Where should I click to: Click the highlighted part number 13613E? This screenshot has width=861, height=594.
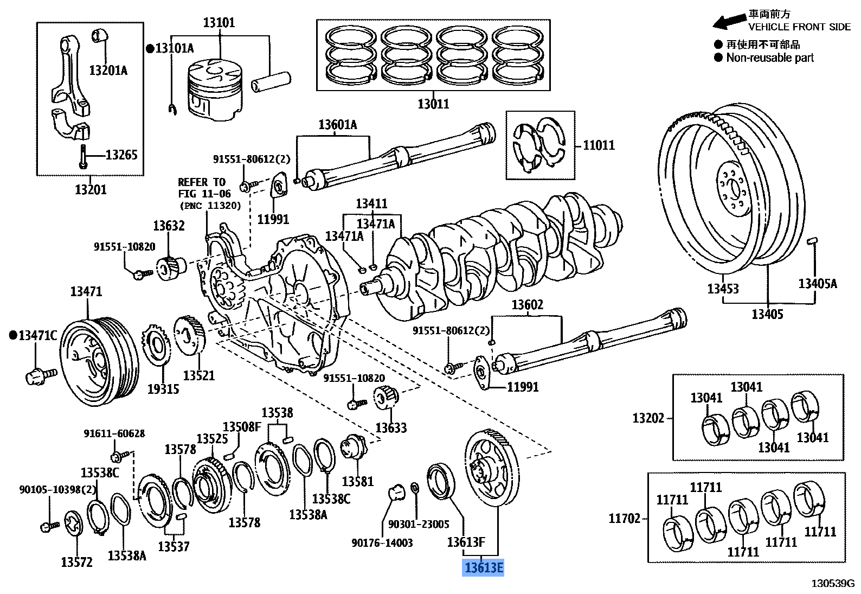[x=483, y=568]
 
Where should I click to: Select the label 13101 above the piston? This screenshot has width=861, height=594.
[x=219, y=23]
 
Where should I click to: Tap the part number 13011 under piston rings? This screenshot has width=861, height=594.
[x=433, y=104]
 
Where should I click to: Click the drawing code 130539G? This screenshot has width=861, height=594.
[x=832, y=584]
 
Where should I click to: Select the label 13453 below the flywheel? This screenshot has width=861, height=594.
[x=723, y=288]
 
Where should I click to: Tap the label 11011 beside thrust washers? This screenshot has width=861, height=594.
[x=599, y=145]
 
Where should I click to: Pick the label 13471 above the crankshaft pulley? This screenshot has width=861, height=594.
[x=86, y=292]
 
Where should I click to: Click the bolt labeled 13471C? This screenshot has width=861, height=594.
[x=40, y=374]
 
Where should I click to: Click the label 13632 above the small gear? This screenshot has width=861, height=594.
[x=169, y=226]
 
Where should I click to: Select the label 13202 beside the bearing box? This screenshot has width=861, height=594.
[x=648, y=418]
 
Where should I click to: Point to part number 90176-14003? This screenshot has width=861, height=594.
[x=382, y=542]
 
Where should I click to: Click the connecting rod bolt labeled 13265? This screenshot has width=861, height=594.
[x=83, y=156]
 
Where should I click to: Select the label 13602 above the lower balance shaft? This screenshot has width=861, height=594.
[x=528, y=305]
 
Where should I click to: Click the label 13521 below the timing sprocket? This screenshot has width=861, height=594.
[x=198, y=375]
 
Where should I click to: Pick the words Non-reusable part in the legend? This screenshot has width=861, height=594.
[x=770, y=58]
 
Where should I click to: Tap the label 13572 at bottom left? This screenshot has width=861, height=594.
[x=77, y=562]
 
